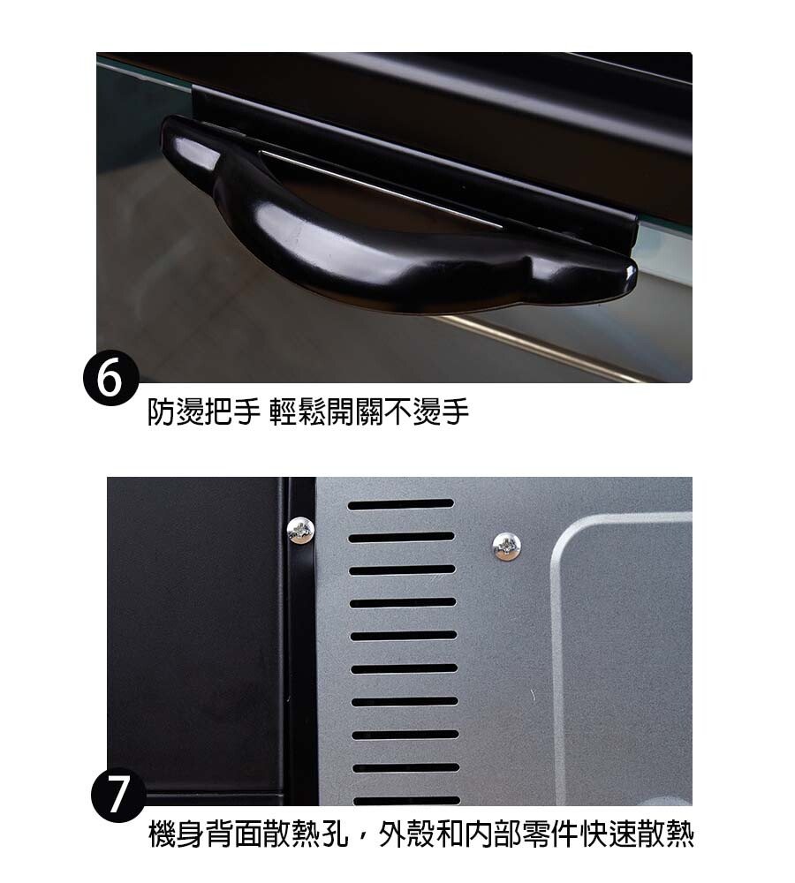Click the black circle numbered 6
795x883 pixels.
click(x=111, y=378)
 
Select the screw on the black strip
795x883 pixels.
click(x=299, y=531)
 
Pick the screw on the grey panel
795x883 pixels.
click(x=506, y=546)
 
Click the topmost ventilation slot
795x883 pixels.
click(x=401, y=504)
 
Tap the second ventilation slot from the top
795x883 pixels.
click(x=401, y=537)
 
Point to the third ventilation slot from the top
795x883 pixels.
click(x=402, y=570)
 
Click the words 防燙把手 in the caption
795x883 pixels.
click(x=204, y=411)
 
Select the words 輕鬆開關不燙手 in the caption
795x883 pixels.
click(x=369, y=411)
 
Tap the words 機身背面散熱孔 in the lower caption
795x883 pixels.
click(x=248, y=834)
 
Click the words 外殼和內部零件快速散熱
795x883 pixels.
click(x=536, y=834)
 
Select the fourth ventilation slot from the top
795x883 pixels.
click(x=402, y=602)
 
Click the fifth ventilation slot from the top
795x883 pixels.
click(x=403, y=636)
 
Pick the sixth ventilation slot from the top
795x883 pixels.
click(x=404, y=669)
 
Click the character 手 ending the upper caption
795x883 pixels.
click(x=455, y=411)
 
